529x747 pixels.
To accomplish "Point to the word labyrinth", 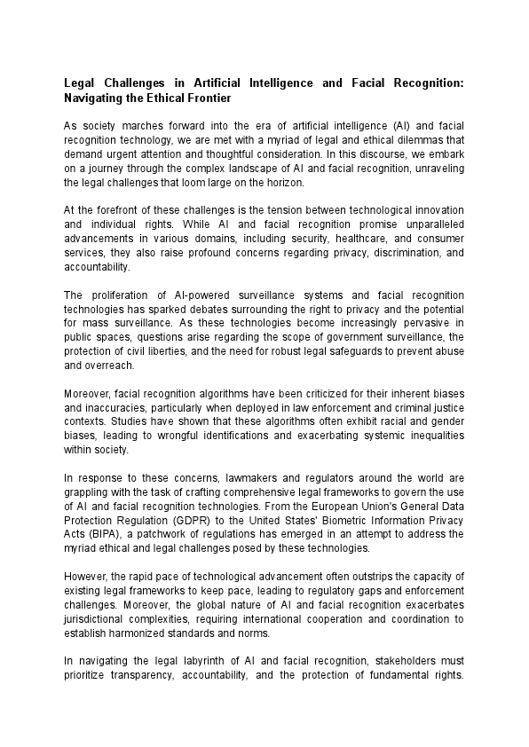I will (x=184, y=661).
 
